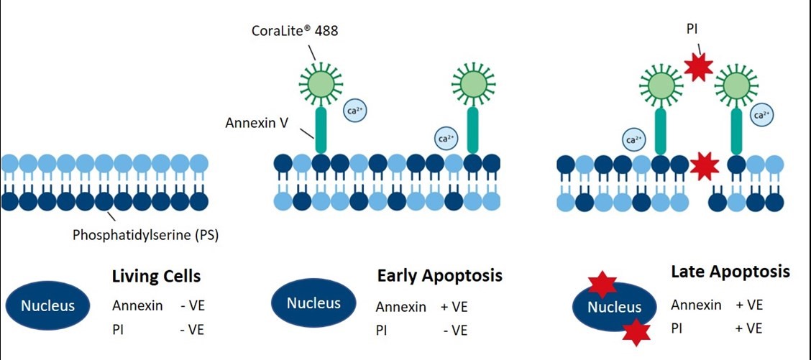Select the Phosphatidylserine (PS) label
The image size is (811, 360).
(145, 234)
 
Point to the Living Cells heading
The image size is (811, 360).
(156, 277)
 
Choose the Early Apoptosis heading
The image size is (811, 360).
(439, 276)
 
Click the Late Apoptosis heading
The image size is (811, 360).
(730, 272)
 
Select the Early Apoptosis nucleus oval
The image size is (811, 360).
(313, 303)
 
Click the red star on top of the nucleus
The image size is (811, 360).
(602, 285)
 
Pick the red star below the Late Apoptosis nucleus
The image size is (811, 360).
(636, 332)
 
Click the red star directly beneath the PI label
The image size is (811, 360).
(697, 67)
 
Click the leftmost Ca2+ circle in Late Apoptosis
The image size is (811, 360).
(633, 139)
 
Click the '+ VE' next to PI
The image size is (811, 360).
(749, 328)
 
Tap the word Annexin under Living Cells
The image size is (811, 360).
(134, 305)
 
